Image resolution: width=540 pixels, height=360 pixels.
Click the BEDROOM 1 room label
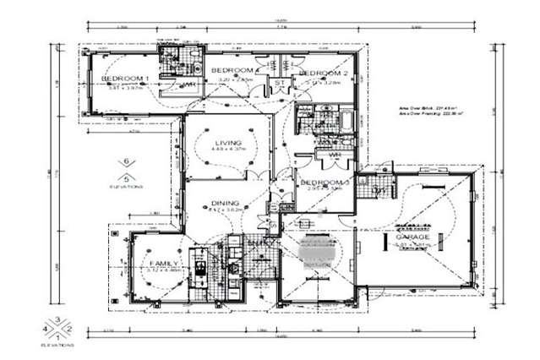point(125,79)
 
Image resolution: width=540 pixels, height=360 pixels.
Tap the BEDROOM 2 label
point(319,74)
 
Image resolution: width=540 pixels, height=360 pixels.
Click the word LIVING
point(228,143)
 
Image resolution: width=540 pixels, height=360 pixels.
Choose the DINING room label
point(226,203)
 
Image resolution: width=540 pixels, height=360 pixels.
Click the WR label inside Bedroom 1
point(191,85)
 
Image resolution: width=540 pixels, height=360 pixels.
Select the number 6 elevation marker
point(126,161)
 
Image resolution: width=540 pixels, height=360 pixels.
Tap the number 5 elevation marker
point(126,177)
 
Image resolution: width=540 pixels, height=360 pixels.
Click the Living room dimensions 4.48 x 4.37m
point(228,152)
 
